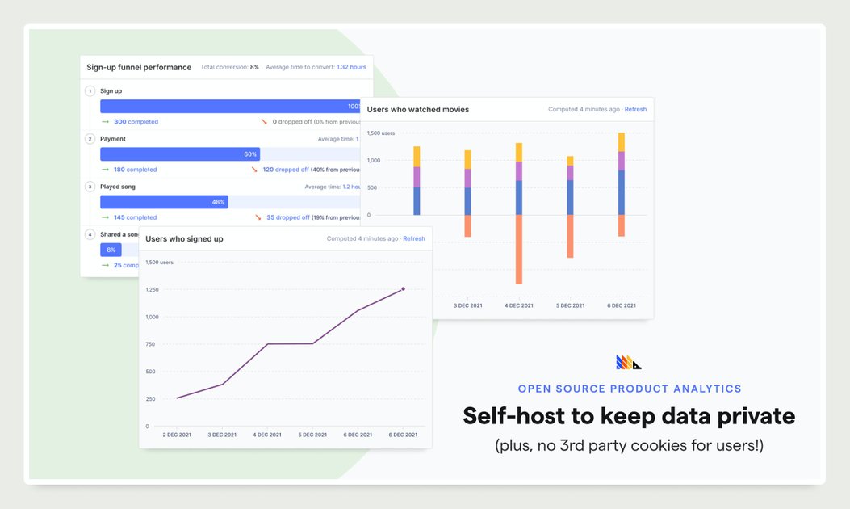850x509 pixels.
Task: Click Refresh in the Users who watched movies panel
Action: (635, 109)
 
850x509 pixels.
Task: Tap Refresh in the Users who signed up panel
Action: (414, 238)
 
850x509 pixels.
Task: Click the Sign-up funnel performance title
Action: (139, 67)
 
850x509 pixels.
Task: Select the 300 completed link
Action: (136, 122)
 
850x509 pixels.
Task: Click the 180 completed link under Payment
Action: (135, 170)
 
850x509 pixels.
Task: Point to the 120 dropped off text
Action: (286, 170)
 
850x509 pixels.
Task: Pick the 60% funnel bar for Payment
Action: (179, 154)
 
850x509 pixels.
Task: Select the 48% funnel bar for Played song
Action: (164, 201)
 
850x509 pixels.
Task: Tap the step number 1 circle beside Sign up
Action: (90, 91)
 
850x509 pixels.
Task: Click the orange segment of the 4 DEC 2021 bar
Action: (518, 249)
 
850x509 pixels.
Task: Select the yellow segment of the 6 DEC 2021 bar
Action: (621, 142)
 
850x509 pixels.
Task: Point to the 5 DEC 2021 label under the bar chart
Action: (570, 305)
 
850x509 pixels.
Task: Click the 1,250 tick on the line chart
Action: (151, 289)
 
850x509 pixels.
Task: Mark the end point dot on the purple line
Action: (404, 288)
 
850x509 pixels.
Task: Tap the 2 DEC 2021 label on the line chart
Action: (177, 435)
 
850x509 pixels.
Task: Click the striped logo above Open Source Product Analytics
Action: (628, 363)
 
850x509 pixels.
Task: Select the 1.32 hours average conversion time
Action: (351, 67)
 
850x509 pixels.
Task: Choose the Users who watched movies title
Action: (418, 109)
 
